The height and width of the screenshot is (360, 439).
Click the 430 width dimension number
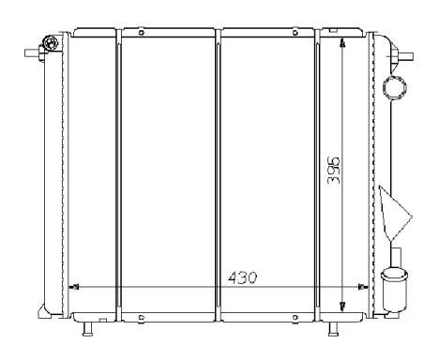point(242,277)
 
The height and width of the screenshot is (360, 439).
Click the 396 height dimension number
point(333,171)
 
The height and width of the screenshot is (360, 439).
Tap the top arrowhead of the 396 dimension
point(342,43)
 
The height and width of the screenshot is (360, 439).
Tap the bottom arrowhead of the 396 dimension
point(342,307)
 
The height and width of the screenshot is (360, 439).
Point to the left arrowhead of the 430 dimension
point(75,287)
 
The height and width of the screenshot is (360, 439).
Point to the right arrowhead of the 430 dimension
point(363,287)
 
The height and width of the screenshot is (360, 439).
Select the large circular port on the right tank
point(395,86)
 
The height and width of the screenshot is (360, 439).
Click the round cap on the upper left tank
point(50,43)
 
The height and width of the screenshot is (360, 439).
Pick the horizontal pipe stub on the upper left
point(33,53)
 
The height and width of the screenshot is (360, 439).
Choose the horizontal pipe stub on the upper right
point(406,56)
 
